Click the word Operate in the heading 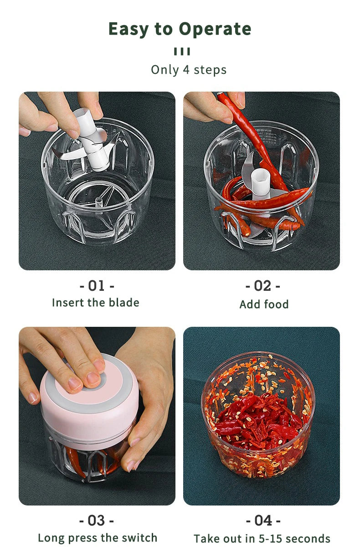tap(215, 29)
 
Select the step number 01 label tap(97, 286)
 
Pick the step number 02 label tap(262, 286)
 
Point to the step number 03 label tap(97, 520)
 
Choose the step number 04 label tap(263, 520)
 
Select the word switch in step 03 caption tap(139, 538)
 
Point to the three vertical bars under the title tap(182, 52)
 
